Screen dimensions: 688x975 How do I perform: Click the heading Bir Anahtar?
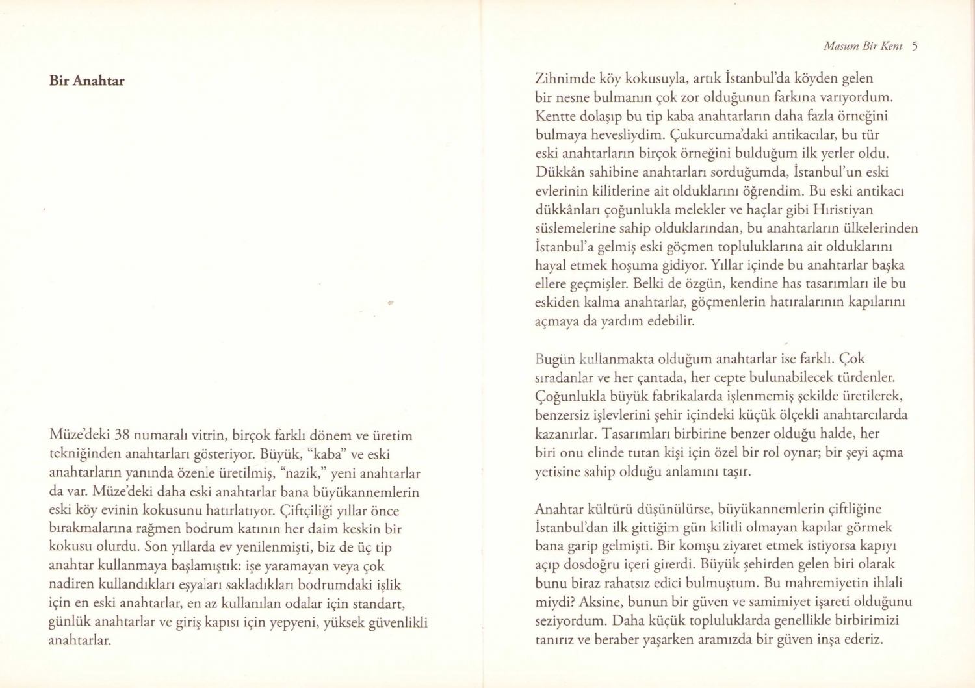click(x=86, y=81)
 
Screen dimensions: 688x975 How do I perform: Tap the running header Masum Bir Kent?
click(x=863, y=46)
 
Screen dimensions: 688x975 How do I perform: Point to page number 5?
click(x=915, y=46)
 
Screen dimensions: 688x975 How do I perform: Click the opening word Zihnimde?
click(x=562, y=79)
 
